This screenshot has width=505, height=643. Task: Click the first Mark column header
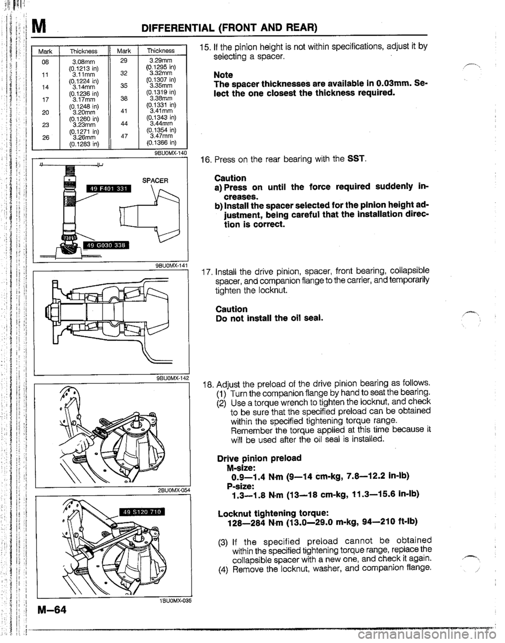click(46, 52)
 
